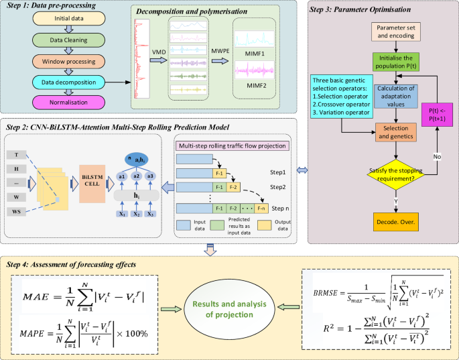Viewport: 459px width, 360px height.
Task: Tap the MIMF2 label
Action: tap(255, 84)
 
